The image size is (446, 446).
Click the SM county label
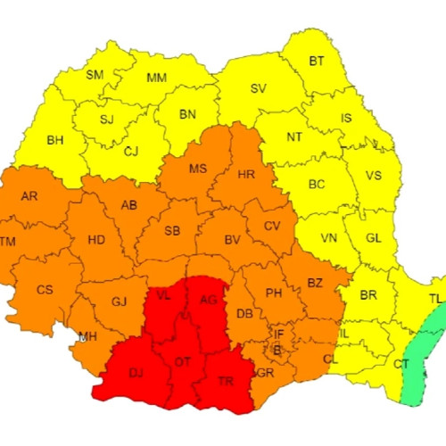95,75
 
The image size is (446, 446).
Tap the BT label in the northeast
317,61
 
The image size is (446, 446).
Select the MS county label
198,169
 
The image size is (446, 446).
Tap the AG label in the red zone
209,299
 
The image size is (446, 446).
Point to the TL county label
435,299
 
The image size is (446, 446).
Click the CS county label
45,289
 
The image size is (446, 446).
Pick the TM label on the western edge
8,243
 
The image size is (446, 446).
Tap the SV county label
259,88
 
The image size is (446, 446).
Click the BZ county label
315,283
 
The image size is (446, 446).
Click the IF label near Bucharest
278,334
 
